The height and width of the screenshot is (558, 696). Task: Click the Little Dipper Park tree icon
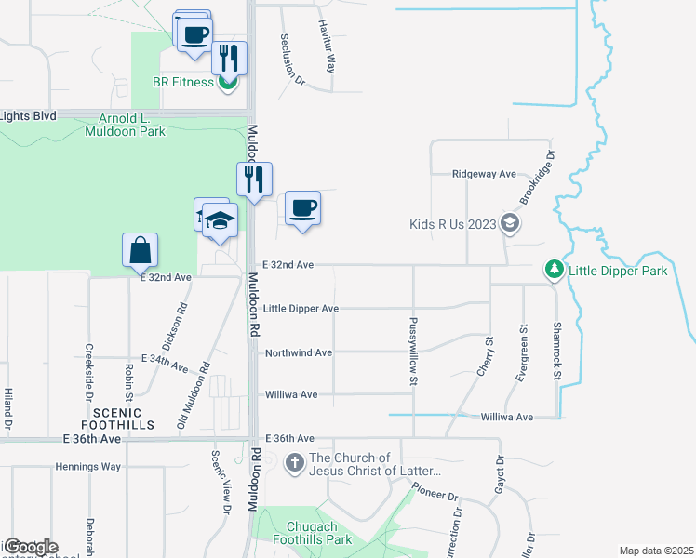tap(555, 270)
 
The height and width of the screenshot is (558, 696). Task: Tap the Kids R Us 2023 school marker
tap(509, 223)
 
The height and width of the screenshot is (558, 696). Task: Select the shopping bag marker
tap(140, 250)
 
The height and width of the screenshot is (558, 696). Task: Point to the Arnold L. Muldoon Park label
tap(131, 125)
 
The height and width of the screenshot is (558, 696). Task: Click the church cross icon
tap(294, 463)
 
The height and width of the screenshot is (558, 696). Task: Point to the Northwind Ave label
tap(299, 353)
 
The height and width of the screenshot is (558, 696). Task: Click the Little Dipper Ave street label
tap(301, 309)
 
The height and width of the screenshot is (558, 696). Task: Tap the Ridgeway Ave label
tap(484, 174)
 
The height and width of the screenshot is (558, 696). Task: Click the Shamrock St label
tap(557, 351)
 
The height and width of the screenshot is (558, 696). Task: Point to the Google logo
tap(30, 547)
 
